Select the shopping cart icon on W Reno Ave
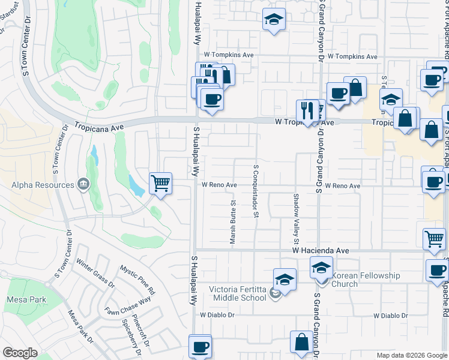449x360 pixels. (x=160, y=182)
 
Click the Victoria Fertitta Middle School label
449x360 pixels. (x=237, y=293)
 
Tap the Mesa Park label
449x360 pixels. (x=23, y=299)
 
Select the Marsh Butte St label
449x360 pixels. (x=233, y=223)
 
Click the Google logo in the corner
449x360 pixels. (x=20, y=353)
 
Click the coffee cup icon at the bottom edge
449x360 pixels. (x=200, y=346)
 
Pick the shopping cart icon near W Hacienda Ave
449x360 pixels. (x=434, y=238)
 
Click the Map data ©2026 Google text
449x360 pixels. (x=411, y=355)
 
